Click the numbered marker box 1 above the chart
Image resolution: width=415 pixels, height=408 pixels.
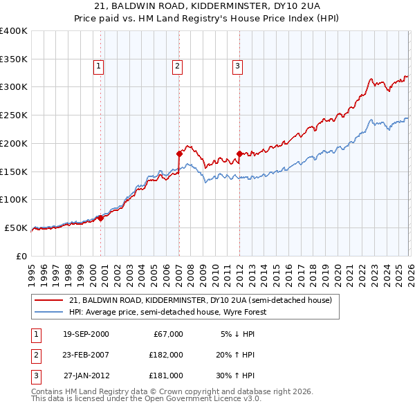click(98, 66)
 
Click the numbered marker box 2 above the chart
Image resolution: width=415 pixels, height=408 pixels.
click(177, 66)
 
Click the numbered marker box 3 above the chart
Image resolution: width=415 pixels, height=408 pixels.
click(237, 66)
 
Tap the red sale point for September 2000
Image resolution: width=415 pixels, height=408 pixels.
click(100, 218)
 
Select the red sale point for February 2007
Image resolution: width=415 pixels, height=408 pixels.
click(179, 154)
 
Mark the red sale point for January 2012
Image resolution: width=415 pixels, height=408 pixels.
click(239, 154)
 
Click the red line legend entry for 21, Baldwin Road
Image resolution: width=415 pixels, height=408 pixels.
click(201, 300)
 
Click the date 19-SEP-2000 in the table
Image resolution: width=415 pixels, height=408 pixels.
click(86, 334)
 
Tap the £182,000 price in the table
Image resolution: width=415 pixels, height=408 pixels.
click(166, 355)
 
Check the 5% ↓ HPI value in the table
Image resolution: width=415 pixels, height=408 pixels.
click(239, 334)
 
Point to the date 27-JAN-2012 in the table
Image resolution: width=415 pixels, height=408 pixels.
click(86, 375)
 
